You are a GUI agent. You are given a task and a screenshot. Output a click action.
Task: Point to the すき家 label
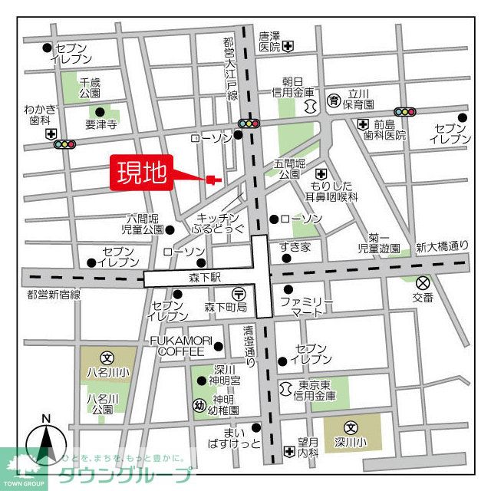(x=295, y=246)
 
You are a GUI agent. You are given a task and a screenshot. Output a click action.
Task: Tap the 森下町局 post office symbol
(x=239, y=292)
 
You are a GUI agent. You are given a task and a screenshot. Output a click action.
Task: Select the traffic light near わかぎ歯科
(x=65, y=143)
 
